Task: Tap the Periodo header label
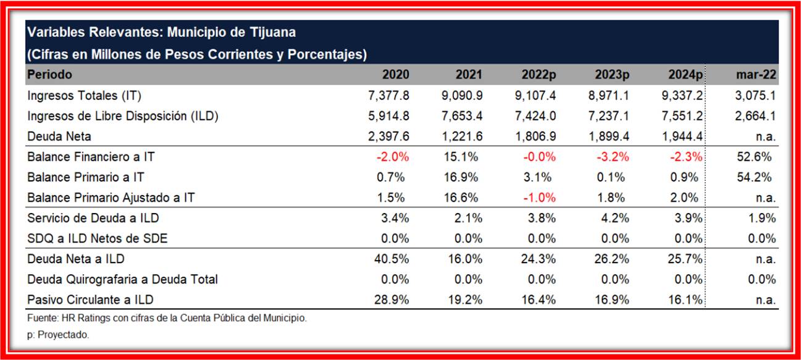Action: coord(49,75)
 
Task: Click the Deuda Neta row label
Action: coord(59,136)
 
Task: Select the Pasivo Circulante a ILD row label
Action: coord(90,299)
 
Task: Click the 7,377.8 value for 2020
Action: coord(388,95)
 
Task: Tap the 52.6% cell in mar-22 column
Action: coord(755,157)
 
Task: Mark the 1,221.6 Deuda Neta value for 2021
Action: coord(462,136)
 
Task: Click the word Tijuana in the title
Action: coord(270,32)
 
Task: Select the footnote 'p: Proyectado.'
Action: coord(58,335)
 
